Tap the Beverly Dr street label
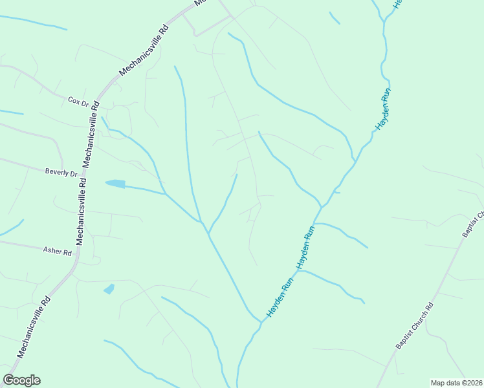pos(61,173)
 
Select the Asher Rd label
pos(57,250)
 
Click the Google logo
pos(21,380)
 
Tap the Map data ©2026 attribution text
pos(457,383)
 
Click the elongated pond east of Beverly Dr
pos(116,184)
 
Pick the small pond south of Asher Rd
pos(109,288)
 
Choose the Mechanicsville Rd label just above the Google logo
pos(34,327)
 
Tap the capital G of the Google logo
pos(9,380)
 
